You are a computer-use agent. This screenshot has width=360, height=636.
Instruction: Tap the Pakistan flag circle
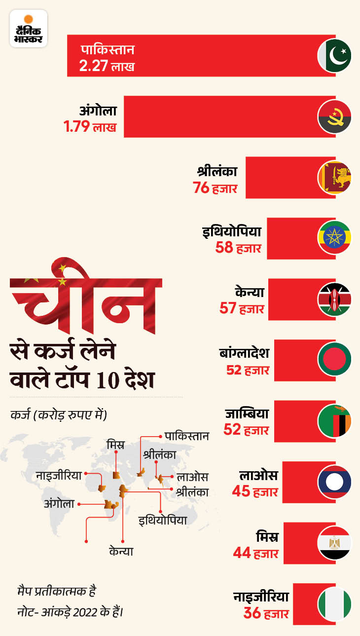pyautogui.click(x=334, y=56)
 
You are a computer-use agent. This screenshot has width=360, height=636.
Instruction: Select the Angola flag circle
pyautogui.click(x=334, y=117)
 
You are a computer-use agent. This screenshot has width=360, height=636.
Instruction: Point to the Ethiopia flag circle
pyautogui.click(x=334, y=238)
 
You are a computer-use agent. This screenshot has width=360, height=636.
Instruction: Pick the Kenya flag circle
pyautogui.click(x=334, y=299)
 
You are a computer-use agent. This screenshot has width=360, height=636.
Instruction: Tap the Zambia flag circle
pyautogui.click(x=334, y=421)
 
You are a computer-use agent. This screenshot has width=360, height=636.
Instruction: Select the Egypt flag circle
pyautogui.click(x=334, y=543)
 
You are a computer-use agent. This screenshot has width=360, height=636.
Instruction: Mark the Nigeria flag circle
pyautogui.click(x=334, y=603)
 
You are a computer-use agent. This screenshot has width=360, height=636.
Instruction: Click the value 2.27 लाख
pyautogui.click(x=107, y=66)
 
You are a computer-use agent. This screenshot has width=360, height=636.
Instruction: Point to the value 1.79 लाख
pyautogui.click(x=90, y=127)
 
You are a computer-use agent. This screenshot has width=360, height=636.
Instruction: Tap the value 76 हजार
pyautogui.click(x=216, y=188)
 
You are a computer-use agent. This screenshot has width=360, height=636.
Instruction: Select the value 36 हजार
pyautogui.click(x=266, y=614)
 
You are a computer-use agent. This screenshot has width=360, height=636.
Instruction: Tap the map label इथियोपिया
pyautogui.click(x=162, y=519)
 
